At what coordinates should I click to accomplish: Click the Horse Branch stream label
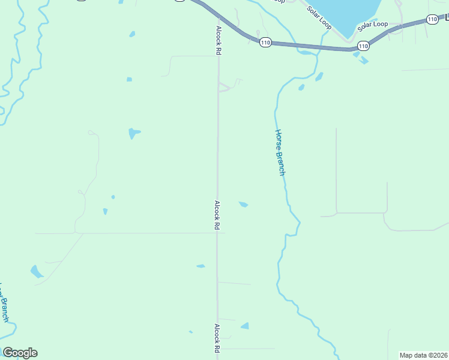280,152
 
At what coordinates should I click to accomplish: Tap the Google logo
20,353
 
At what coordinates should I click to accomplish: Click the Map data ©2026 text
423,355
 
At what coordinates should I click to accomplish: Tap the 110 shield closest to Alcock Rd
265,42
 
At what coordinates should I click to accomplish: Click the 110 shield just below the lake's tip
363,46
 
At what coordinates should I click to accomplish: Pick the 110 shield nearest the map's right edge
432,19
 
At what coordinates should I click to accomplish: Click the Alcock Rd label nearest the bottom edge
217,338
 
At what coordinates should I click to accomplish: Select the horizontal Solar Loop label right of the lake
373,26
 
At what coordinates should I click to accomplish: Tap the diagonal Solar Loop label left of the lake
318,18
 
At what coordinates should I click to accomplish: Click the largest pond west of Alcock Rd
133,133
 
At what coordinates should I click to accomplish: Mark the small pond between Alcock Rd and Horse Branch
243,205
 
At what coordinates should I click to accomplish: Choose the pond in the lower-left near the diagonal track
37,272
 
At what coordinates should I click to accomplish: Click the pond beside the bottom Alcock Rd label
245,326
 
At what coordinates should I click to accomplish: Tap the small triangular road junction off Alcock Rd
224,88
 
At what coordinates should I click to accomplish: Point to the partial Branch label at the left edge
4,303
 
